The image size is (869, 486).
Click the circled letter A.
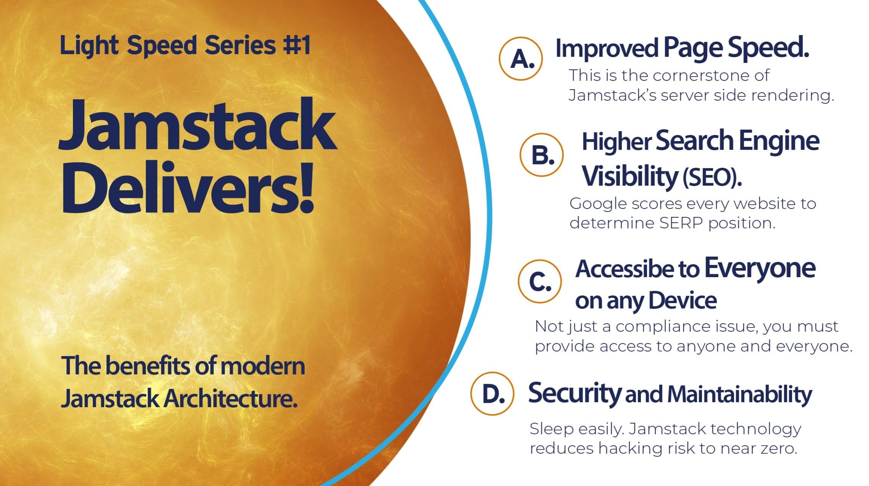521,59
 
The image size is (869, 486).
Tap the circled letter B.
542,155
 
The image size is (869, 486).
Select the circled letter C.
540,281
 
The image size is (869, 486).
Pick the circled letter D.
492,393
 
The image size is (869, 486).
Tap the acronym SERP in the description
681,223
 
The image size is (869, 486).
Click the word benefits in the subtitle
148,366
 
